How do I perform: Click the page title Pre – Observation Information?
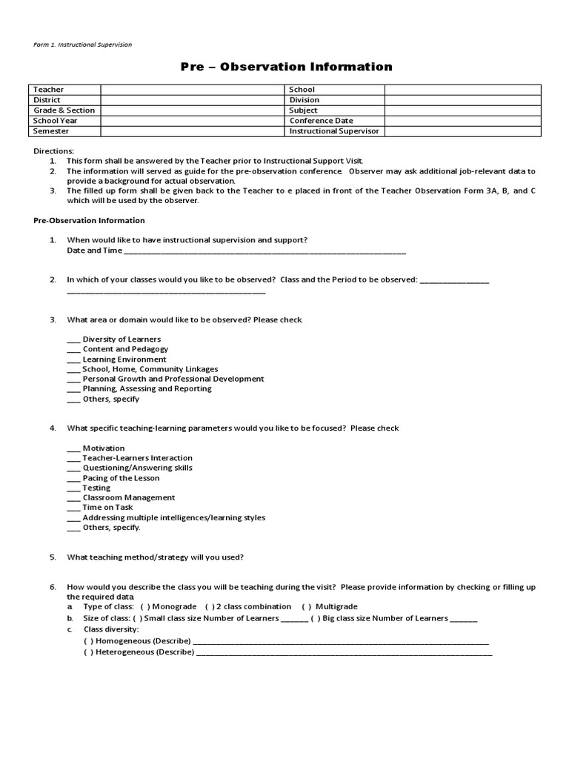pos(287,67)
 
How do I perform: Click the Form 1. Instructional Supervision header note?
pos(83,44)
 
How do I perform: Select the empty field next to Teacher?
pos(193,90)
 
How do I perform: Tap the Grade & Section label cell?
pos(64,110)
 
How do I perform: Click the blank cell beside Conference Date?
pos(462,121)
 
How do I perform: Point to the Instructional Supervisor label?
pos(333,131)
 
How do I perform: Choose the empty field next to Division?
pos(462,100)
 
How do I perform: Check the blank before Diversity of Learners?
pos(73,339)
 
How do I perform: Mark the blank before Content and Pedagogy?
pos(73,349)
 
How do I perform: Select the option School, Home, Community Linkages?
pos(150,369)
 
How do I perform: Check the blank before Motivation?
pos(73,448)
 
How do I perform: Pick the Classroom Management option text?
pos(129,498)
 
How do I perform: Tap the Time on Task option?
pos(108,508)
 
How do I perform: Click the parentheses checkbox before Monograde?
pos(144,607)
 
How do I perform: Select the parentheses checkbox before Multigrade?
pos(306,607)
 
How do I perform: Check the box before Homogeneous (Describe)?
pos(88,641)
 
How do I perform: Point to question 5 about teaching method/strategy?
pos(156,557)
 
